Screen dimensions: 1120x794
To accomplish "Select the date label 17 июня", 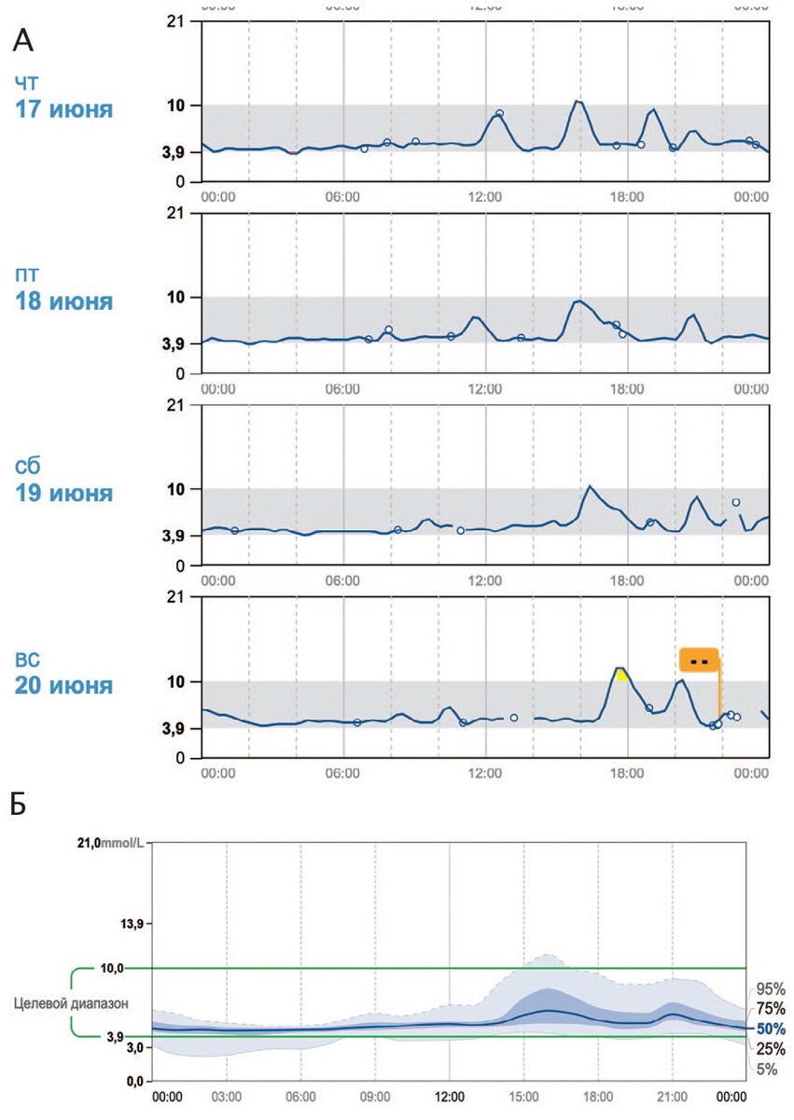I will click(63, 109).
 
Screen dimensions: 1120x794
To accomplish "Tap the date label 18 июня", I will click(63, 301).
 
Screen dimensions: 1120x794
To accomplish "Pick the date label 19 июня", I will click(63, 493).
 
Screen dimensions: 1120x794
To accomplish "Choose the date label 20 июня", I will click(63, 685).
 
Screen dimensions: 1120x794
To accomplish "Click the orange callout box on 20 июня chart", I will click(699, 660).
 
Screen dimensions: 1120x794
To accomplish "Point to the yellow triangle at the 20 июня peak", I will click(621, 674).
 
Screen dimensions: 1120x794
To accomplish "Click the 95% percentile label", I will click(771, 988).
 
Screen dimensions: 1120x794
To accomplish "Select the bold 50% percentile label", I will click(771, 1029).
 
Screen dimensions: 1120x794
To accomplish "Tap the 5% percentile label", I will click(766, 1070).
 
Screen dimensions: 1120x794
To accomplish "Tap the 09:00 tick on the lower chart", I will click(375, 1096).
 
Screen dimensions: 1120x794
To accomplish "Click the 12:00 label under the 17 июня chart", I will click(485, 197).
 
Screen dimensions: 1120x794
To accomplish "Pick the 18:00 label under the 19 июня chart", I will click(627, 581).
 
